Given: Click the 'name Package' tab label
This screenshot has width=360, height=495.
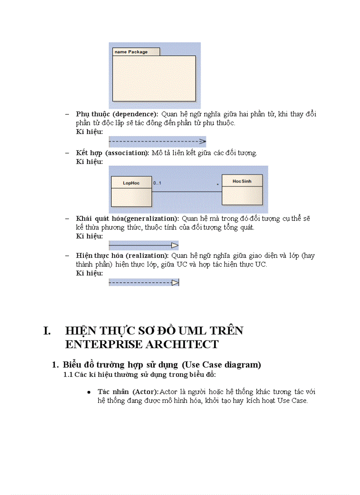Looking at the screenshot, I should (x=131, y=52).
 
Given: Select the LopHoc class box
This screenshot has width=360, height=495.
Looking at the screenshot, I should (x=131, y=191).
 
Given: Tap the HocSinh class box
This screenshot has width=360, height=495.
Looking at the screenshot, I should (x=242, y=190).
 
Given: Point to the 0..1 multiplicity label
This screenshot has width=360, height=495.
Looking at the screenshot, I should (x=157, y=183).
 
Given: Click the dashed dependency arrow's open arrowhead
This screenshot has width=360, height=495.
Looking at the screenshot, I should (x=202, y=142).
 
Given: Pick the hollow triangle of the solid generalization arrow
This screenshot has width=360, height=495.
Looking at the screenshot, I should (x=175, y=246).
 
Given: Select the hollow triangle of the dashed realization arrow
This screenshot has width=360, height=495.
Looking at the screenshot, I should (x=175, y=283).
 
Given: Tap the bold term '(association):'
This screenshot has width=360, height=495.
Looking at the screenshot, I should (x=127, y=153).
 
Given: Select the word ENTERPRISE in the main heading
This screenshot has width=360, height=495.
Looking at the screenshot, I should (x=101, y=344).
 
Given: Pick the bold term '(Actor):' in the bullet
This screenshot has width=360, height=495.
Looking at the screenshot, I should (x=145, y=392).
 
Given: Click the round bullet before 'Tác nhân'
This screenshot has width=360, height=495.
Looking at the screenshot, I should (x=89, y=392).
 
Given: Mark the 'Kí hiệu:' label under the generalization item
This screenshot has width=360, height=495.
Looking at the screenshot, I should (x=89, y=236).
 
